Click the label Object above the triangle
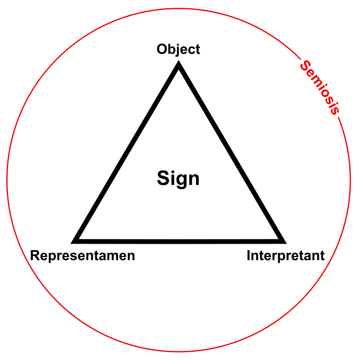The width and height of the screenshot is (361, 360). [178, 49]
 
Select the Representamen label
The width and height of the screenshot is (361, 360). [83, 256]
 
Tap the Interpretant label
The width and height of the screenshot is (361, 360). [285, 256]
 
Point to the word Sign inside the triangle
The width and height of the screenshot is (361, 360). [178, 178]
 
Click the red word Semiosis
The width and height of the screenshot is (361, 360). [320, 87]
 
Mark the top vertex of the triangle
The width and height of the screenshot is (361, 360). [178, 65]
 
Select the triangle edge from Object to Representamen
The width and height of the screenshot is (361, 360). [128, 153]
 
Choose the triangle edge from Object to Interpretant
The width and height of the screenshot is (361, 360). [230, 153]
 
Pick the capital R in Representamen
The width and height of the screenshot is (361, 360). [35, 256]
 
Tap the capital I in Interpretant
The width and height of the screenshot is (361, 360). [249, 256]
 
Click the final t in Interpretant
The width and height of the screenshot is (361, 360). [322, 256]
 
